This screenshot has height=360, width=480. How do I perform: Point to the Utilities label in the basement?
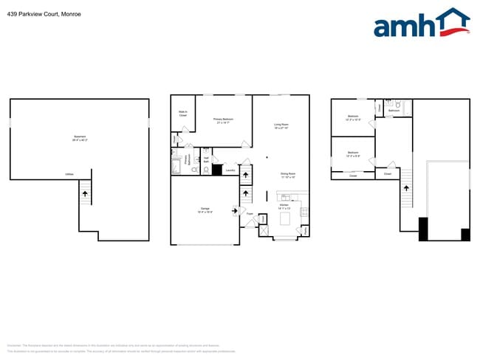69,175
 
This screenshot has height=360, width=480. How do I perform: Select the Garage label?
205,210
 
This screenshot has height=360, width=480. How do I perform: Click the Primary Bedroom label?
224,120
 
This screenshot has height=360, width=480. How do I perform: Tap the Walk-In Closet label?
182,114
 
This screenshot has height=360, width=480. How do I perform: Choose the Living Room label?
281,127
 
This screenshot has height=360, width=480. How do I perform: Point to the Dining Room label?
287,176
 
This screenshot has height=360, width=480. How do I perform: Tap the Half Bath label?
206,159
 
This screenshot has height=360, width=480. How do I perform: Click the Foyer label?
250,215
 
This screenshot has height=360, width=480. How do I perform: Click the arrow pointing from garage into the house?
236,211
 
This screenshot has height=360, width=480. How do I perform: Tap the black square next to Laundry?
217,170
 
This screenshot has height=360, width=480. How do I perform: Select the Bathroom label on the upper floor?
394,110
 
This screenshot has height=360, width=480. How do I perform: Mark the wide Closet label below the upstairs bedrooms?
353,176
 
